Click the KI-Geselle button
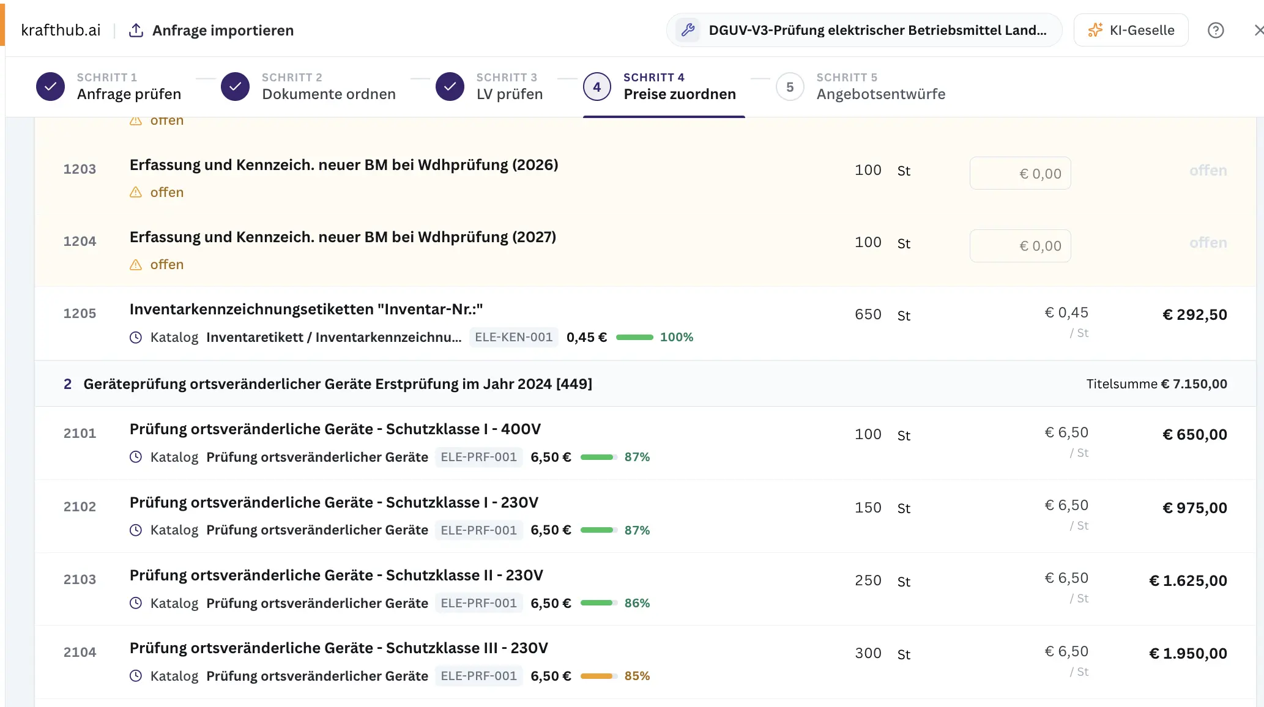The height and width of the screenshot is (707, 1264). (1131, 30)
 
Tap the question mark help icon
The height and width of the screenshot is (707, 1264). (1216, 30)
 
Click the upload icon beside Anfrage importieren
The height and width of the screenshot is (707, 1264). (136, 30)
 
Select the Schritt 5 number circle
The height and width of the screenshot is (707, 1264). (790, 87)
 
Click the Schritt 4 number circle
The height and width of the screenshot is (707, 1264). (597, 87)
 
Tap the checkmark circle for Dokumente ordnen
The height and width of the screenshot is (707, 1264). (235, 87)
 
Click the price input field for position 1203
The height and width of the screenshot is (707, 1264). (1020, 173)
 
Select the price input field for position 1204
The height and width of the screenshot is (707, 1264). (1020, 245)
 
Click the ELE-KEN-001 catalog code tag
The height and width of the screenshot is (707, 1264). (513, 337)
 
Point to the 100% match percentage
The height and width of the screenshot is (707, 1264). (676, 337)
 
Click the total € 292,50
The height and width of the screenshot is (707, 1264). (1194, 314)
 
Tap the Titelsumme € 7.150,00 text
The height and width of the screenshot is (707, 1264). (1156, 383)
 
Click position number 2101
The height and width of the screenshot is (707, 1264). (80, 434)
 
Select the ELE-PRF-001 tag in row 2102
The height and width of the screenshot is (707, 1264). (478, 530)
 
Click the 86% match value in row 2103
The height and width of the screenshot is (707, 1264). (637, 603)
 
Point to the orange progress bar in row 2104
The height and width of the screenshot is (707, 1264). (598, 676)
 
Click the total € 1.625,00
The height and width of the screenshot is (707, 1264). (1188, 580)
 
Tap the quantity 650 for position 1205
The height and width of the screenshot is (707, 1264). (868, 314)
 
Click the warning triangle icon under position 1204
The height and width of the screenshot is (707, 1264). (136, 264)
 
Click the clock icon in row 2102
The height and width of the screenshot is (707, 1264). (136, 530)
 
